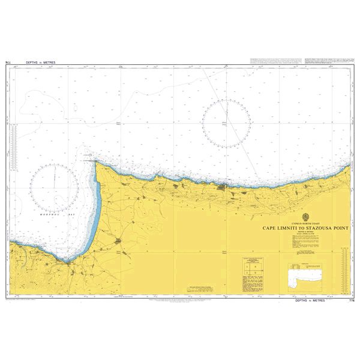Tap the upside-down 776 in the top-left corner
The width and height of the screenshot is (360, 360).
(x=8, y=62)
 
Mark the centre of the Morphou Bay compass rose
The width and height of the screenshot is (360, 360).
(x=55, y=187)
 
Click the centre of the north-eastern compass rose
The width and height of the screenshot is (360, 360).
(x=226, y=124)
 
